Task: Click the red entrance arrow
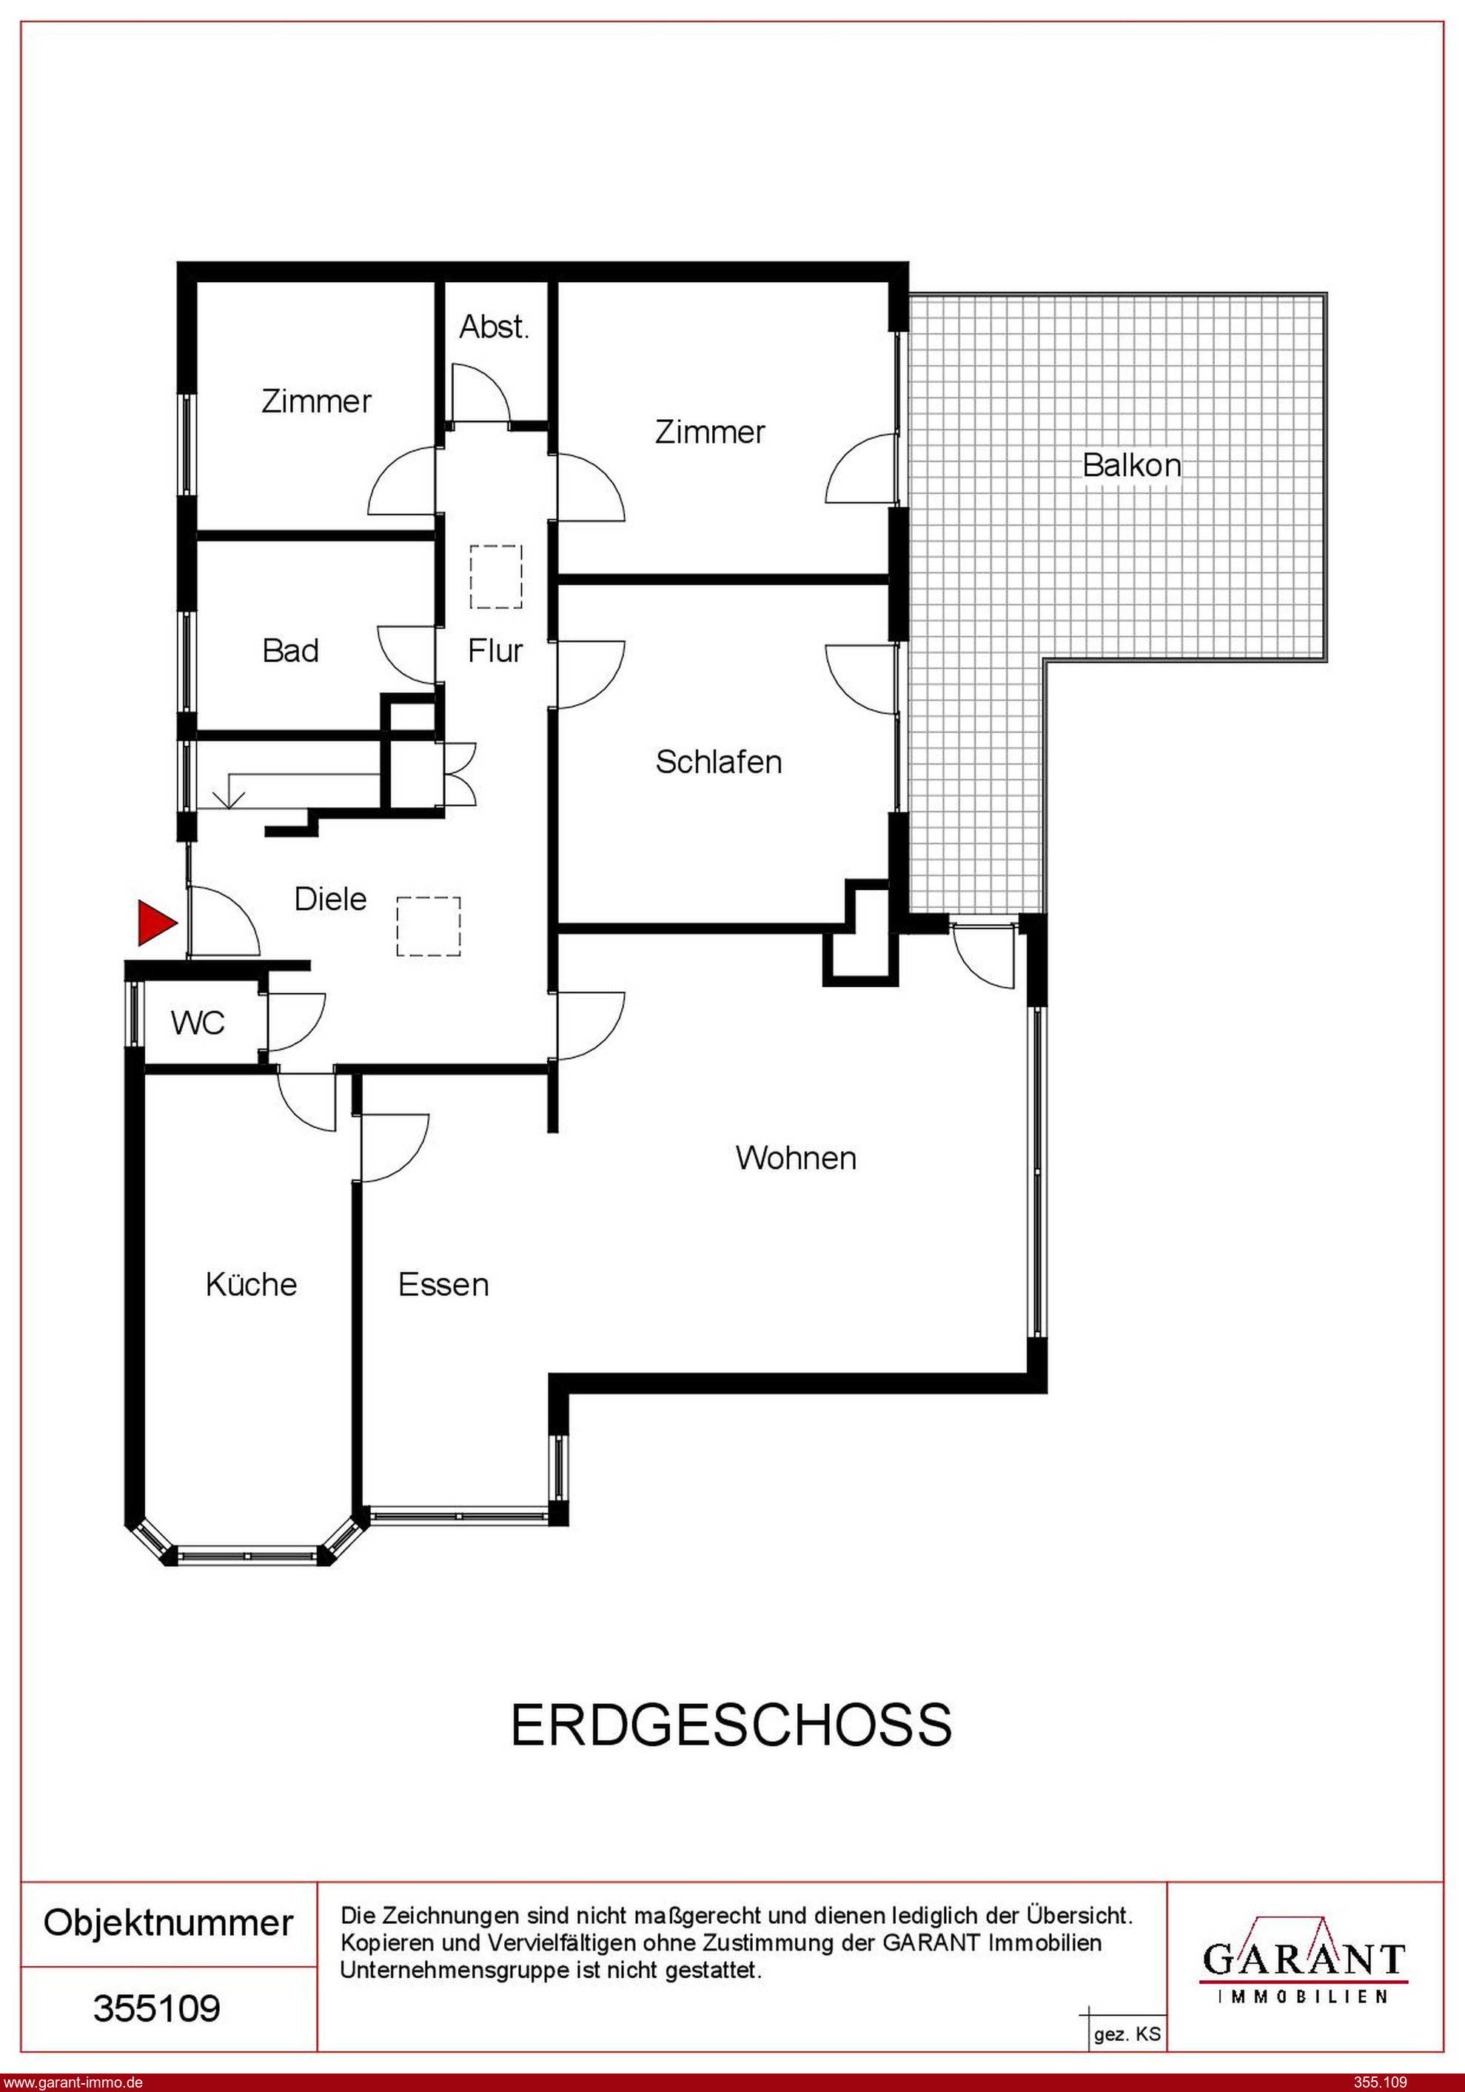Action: pyautogui.click(x=155, y=922)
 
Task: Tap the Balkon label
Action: pyautogui.click(x=1132, y=466)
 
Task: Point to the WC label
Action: pyautogui.click(x=198, y=1023)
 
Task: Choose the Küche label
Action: pyautogui.click(x=252, y=1284)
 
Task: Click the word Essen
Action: pyautogui.click(x=443, y=1285)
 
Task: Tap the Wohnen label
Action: pyautogui.click(x=797, y=1158)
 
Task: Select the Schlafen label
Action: pyautogui.click(x=719, y=762)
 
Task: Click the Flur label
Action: pyautogui.click(x=496, y=651)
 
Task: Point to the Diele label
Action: pyautogui.click(x=331, y=899)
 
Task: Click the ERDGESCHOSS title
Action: pyautogui.click(x=731, y=1725)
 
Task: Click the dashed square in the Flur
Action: pyautogui.click(x=497, y=577)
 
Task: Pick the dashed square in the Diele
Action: pyautogui.click(x=428, y=926)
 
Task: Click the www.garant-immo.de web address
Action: pyautogui.click(x=73, y=2082)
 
